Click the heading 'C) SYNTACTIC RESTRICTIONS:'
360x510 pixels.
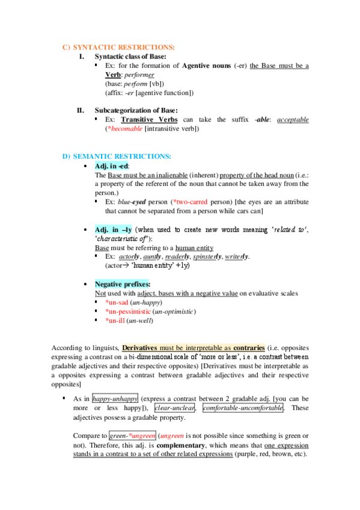[x=119, y=47]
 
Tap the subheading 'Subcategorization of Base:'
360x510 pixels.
[x=136, y=110]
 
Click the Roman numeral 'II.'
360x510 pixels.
[x=80, y=110]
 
